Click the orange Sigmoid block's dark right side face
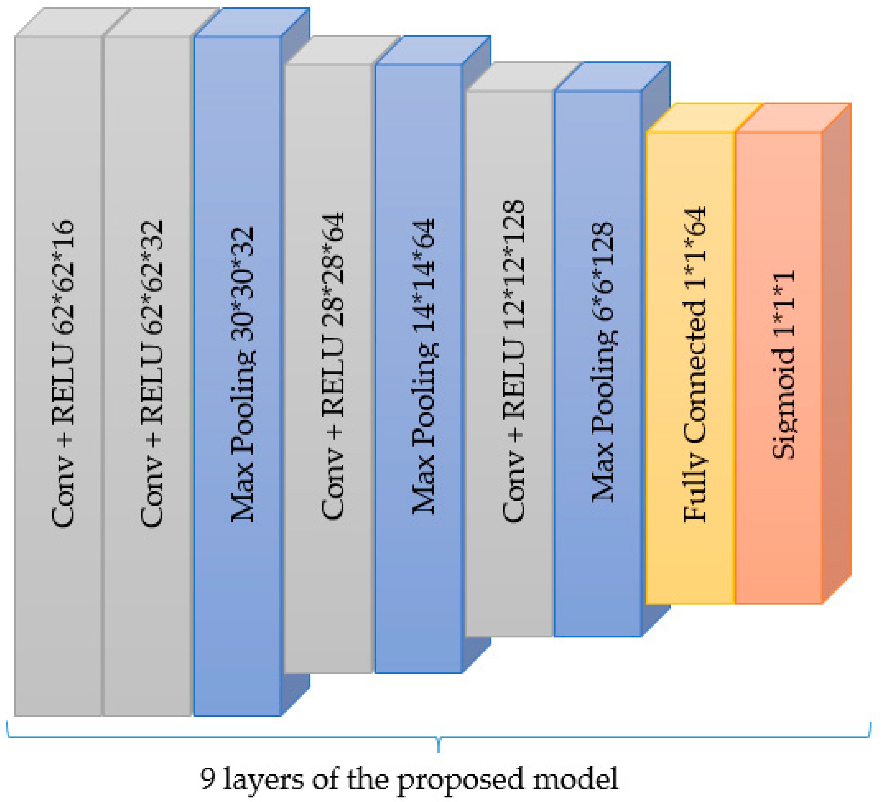tap(837, 350)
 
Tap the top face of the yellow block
tap(704, 117)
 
